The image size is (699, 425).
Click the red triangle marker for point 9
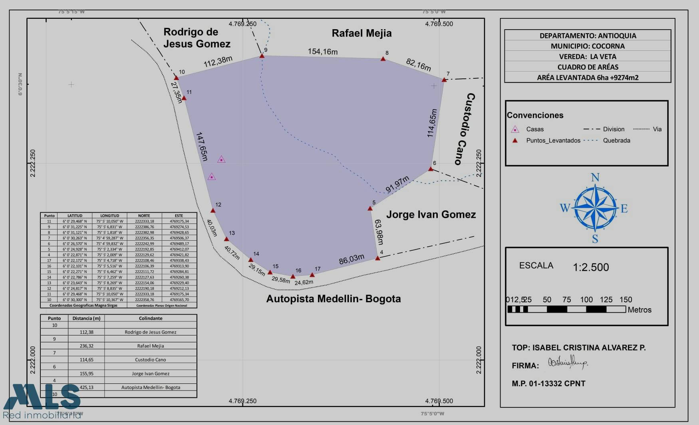tap(262, 56)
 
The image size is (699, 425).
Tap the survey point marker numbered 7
tap(444, 80)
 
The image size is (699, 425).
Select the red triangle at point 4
tap(377, 258)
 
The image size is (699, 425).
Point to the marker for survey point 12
tap(213, 210)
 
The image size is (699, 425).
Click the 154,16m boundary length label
tap(322, 52)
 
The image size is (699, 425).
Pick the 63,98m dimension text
tap(379, 232)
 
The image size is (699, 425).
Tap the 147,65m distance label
tap(202, 146)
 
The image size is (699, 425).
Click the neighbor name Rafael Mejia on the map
tap(361, 33)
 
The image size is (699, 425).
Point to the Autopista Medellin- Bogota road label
tap(333, 299)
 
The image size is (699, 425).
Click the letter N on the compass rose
tap(595, 178)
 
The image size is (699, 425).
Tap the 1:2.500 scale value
tap(591, 267)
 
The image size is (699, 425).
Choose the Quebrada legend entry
tap(616, 140)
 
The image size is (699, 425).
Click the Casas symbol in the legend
tap(515, 129)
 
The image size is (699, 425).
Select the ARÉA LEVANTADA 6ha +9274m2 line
tap(588, 78)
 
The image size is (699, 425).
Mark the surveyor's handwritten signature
tap(567, 363)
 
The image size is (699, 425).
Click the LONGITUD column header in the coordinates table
tap(109, 215)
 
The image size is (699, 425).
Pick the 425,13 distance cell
tap(86, 387)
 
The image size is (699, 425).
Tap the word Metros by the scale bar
tap(639, 310)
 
